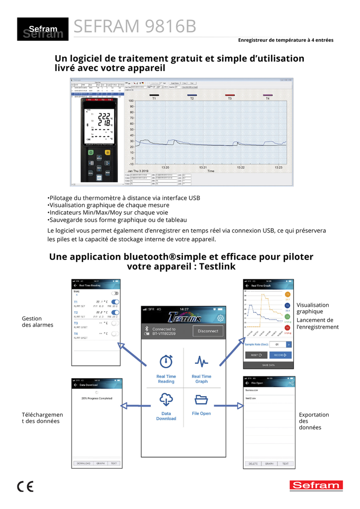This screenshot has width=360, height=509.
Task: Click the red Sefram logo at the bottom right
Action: (316, 486)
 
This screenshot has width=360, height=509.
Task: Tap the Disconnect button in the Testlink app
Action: (208, 331)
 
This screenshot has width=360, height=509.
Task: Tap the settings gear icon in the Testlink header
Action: (221, 319)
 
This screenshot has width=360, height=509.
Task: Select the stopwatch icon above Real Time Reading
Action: (166, 361)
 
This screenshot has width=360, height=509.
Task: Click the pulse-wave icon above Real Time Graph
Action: (201, 361)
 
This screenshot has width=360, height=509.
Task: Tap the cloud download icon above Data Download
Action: (166, 399)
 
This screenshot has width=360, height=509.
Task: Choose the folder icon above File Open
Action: (201, 399)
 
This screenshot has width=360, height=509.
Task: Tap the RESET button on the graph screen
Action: (256, 355)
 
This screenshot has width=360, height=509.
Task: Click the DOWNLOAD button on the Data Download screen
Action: (84, 463)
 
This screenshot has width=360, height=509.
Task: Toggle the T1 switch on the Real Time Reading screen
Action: (115, 302)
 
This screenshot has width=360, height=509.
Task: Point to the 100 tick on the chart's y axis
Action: (131, 101)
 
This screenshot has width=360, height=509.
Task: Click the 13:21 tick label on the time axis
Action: (203, 168)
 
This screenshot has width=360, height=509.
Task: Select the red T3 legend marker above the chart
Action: (230, 95)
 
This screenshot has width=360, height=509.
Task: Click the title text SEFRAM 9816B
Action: (135, 27)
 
